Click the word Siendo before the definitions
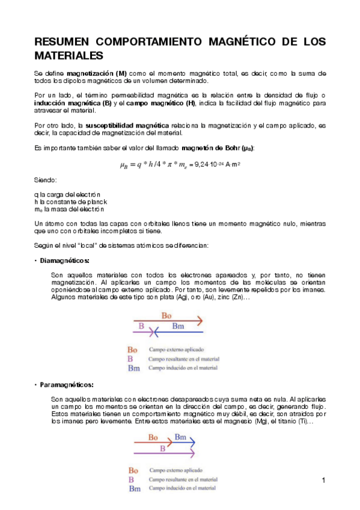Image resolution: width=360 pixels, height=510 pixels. click(46, 180)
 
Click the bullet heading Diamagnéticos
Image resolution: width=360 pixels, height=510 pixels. click(64, 260)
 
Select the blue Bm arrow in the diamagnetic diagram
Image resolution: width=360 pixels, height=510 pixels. click(180, 331)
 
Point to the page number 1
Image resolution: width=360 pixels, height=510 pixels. click(323, 480)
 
